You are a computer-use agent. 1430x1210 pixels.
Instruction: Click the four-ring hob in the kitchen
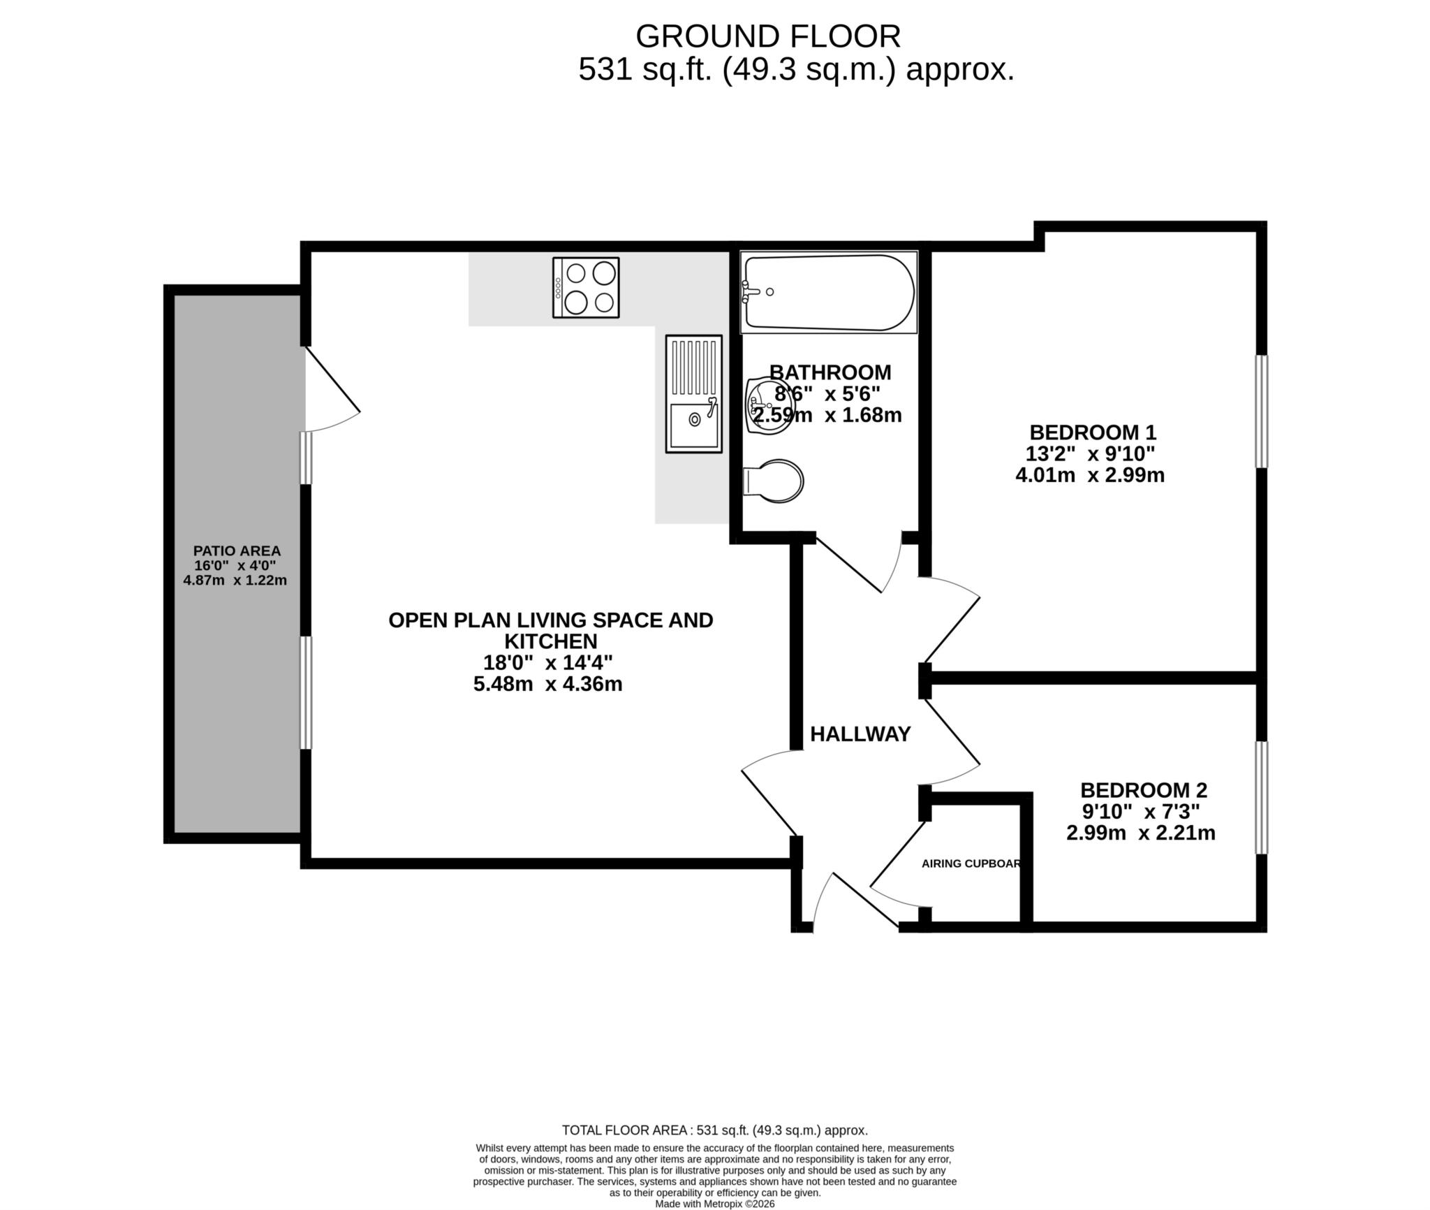pos(585,287)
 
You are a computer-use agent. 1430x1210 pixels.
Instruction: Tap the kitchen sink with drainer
pos(693,394)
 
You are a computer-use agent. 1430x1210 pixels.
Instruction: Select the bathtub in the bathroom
pos(828,292)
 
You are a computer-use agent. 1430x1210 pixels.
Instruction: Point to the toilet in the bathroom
pos(774,481)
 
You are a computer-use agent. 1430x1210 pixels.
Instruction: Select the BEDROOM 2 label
pos(1143,790)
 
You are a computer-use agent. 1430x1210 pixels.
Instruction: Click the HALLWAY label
pos(860,734)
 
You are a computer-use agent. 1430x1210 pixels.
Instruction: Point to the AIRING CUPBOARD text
pos(971,863)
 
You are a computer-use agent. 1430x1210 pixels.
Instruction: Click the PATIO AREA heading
pos(237,551)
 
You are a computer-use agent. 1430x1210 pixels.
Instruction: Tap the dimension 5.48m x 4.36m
pos(547,683)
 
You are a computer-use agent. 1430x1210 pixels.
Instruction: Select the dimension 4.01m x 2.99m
pos(1089,475)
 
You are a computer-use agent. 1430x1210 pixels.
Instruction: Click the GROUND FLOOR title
pos(767,36)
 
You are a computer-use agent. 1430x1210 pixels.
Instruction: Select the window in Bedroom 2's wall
pos(1261,797)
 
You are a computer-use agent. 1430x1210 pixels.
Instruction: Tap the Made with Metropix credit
pos(714,1204)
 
